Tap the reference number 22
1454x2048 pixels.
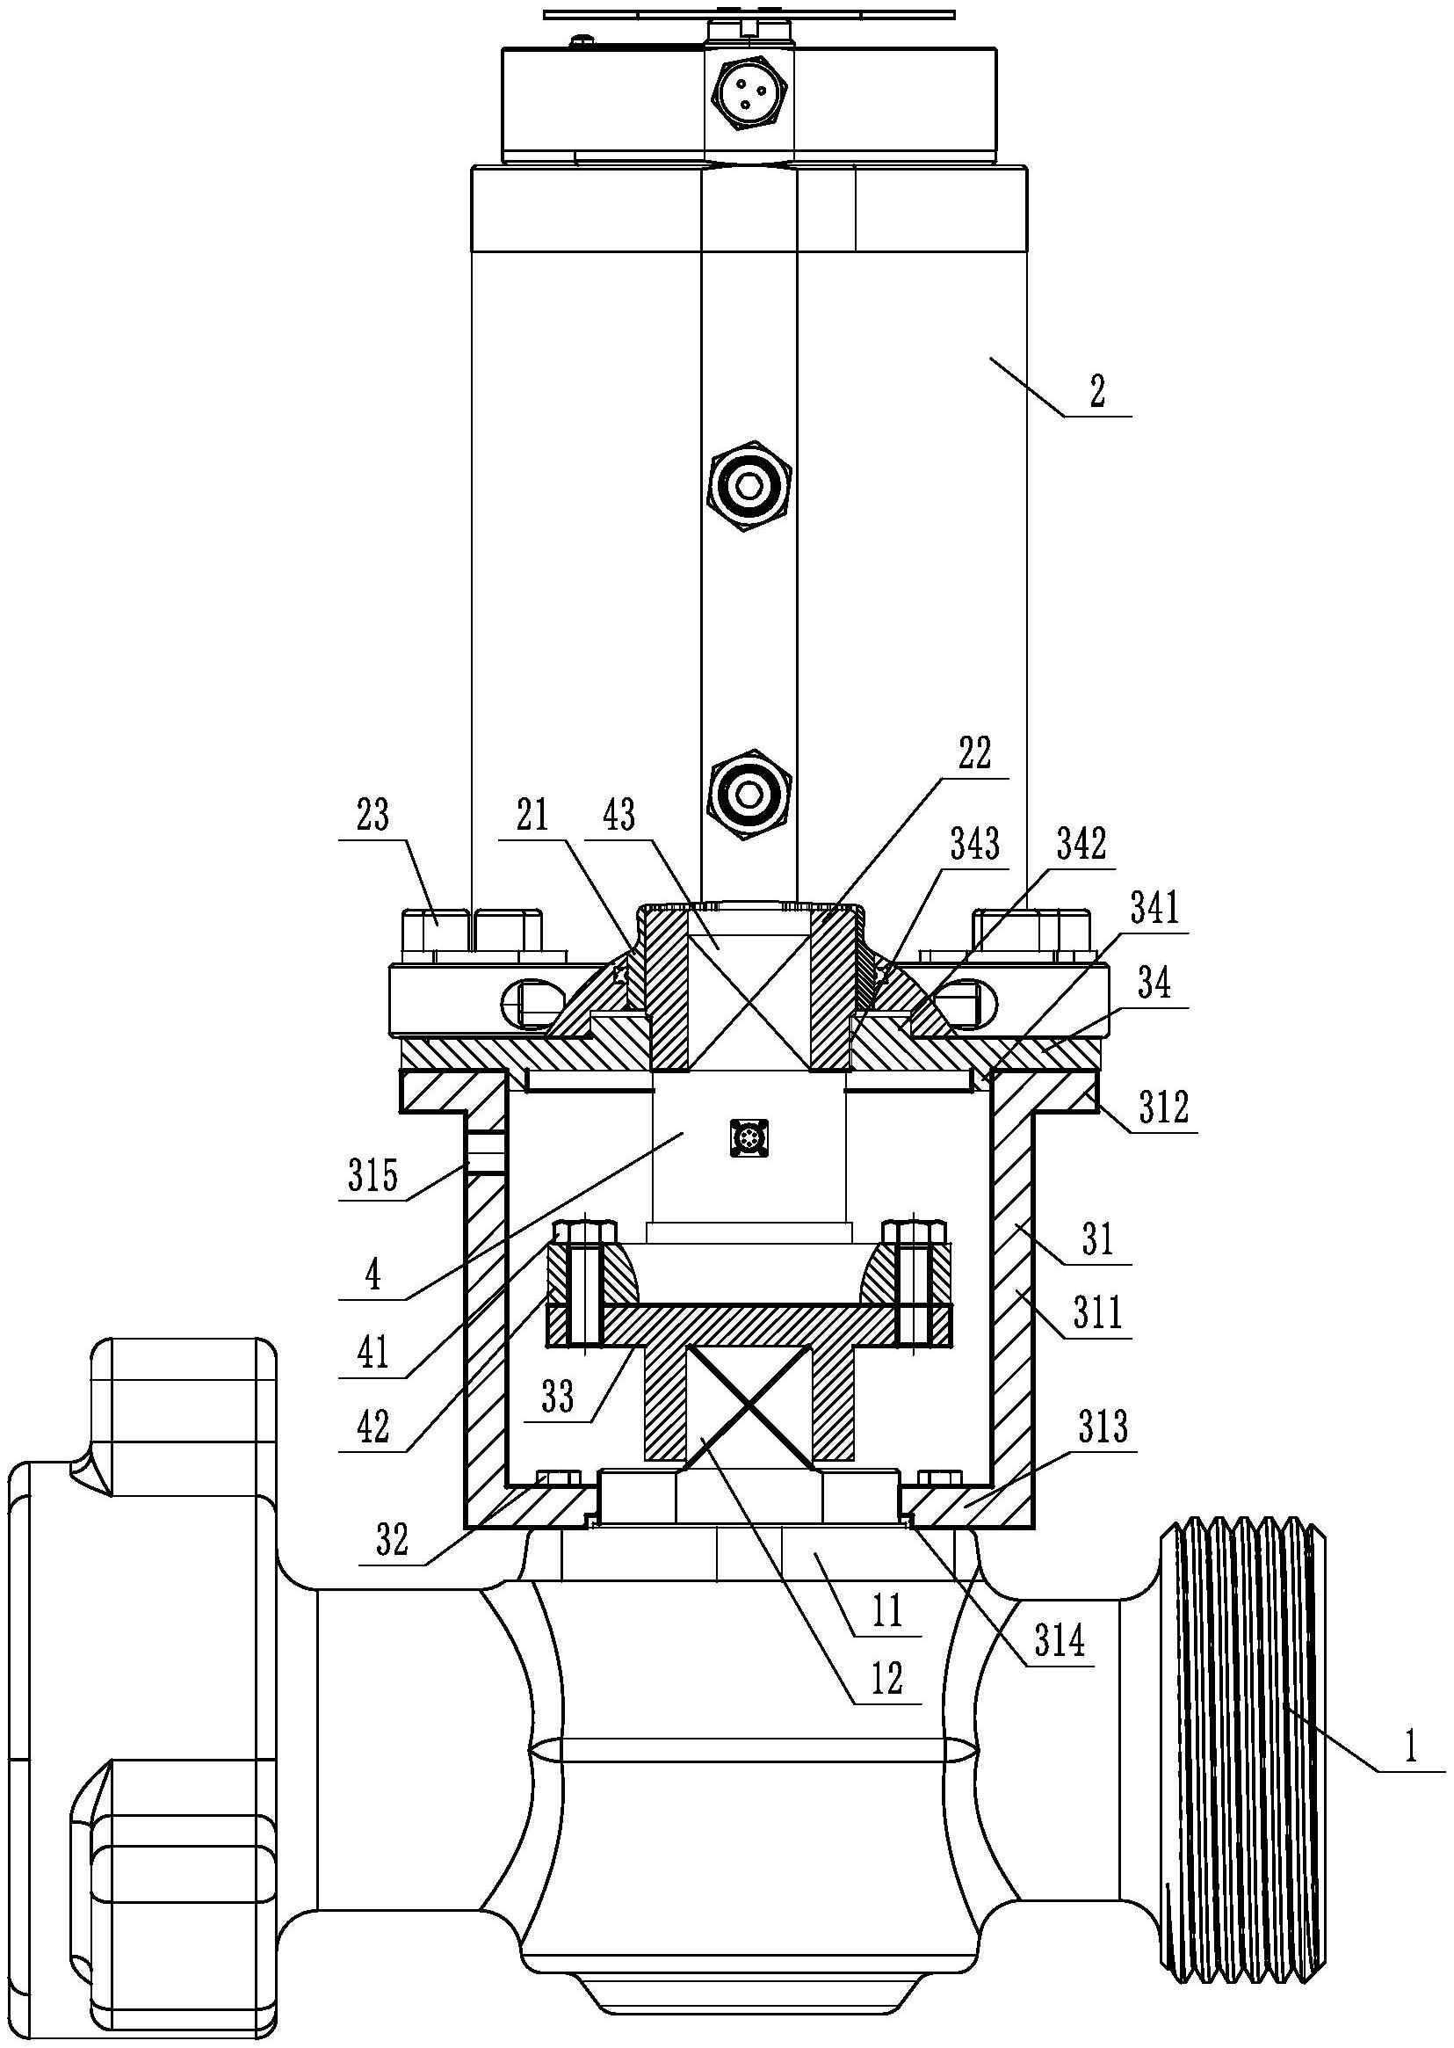coord(975,754)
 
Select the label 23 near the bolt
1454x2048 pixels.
coord(373,817)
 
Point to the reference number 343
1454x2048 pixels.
coord(975,844)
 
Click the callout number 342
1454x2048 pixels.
coord(1081,844)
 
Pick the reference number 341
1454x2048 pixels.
coord(1155,911)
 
